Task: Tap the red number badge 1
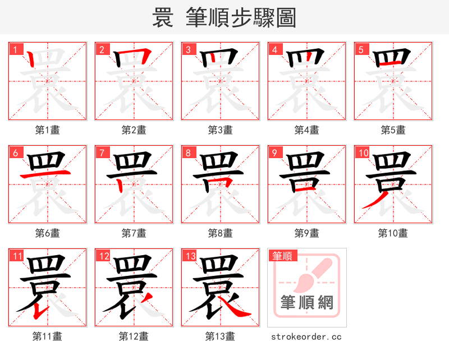pyautogui.click(x=15, y=50)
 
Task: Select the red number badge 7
pyautogui.click(x=102, y=153)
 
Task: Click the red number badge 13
pyautogui.click(x=189, y=256)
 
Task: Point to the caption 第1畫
pyautogui.click(x=48, y=130)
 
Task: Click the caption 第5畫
pyautogui.click(x=393, y=130)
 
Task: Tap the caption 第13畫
pyautogui.click(x=220, y=336)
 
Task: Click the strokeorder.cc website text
pyautogui.click(x=306, y=336)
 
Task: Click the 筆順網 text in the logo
pyautogui.click(x=307, y=303)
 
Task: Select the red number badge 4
pyautogui.click(x=274, y=50)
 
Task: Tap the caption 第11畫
pyautogui.click(x=48, y=336)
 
